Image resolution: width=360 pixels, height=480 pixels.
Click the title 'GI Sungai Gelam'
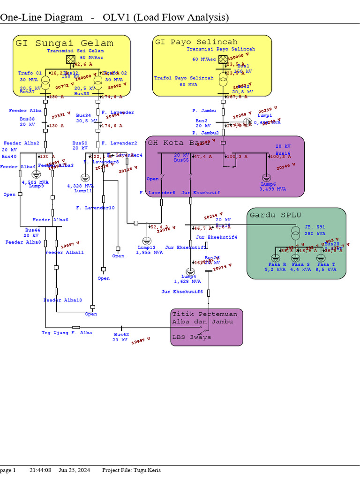(x=64, y=43)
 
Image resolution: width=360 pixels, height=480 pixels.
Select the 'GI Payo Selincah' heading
(x=196, y=42)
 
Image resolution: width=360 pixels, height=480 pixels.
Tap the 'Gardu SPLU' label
(x=275, y=215)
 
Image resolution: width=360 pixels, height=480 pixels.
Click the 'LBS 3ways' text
(x=192, y=337)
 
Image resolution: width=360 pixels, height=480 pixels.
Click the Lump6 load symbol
(x=266, y=178)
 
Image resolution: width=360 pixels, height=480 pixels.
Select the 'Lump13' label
(x=146, y=247)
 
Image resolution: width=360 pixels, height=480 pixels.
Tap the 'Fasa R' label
(x=274, y=264)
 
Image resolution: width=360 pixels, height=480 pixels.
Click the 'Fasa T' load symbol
(x=321, y=257)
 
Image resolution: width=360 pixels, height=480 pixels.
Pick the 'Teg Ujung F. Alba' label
(x=67, y=333)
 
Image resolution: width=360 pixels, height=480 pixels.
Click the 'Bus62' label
(x=121, y=335)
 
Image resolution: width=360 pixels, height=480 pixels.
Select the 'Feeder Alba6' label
(x=50, y=220)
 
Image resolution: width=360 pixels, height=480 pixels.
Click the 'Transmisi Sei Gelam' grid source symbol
(x=70, y=59)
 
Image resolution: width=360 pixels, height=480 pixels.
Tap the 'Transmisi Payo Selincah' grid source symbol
(x=223, y=60)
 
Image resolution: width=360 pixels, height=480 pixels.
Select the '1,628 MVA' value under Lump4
(x=187, y=281)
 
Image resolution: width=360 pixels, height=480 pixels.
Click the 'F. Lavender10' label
(x=95, y=208)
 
